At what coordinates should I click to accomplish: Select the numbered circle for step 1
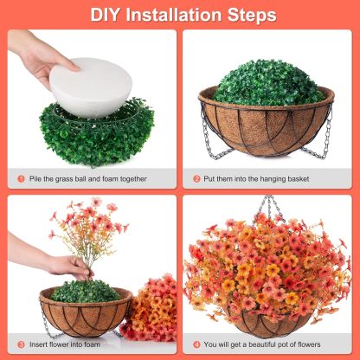pos(21,179)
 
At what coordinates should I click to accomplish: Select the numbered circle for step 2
pos(196,179)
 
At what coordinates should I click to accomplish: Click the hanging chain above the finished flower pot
pos(271,208)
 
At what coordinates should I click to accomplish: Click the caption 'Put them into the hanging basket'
pos(260,179)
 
